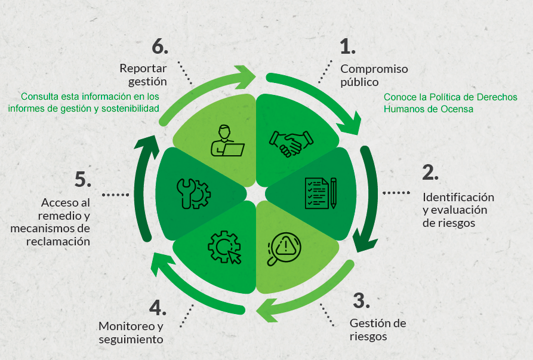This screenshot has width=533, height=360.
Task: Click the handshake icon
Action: (291, 142)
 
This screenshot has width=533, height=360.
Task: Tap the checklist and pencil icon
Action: (321, 193)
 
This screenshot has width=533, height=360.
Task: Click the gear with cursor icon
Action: (224, 247)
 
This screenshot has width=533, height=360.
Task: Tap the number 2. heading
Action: (430, 172)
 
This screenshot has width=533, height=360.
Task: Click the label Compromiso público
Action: (374, 75)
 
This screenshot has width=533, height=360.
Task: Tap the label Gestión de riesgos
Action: (377, 330)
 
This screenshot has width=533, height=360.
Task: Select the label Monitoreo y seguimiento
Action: (131, 333)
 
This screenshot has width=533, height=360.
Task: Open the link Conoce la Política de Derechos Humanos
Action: (450, 103)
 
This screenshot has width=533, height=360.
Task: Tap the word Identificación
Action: (458, 196)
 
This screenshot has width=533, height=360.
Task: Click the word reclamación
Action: (58, 241)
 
